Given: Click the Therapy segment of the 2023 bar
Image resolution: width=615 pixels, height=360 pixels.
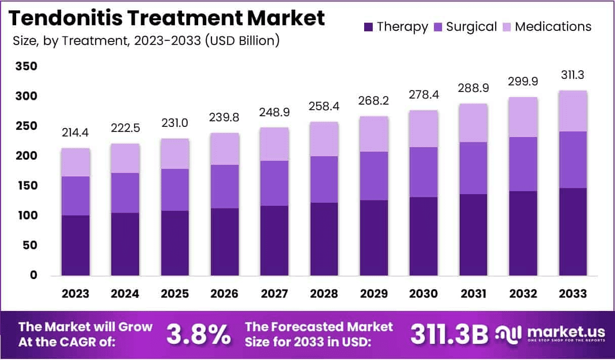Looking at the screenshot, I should coord(75,245).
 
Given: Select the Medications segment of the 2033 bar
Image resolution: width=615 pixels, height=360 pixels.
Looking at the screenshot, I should coord(573,111).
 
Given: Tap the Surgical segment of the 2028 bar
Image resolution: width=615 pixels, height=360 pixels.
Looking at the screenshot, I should coord(324,179).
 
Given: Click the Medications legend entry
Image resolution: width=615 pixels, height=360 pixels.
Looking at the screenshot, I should coord(547,27).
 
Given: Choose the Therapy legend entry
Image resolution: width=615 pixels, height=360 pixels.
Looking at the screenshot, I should coord(396,27).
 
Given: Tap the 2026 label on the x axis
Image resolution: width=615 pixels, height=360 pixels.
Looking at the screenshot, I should coord(225,294).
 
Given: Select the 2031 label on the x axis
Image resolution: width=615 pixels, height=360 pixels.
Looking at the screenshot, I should coord(473,294).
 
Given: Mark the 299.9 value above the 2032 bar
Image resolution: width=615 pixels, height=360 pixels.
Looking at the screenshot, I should coord(523,81).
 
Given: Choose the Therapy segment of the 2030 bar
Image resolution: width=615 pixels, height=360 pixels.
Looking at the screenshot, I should coord(424,236).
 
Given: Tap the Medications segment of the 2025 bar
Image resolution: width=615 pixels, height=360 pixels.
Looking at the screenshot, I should coord(175,154).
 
